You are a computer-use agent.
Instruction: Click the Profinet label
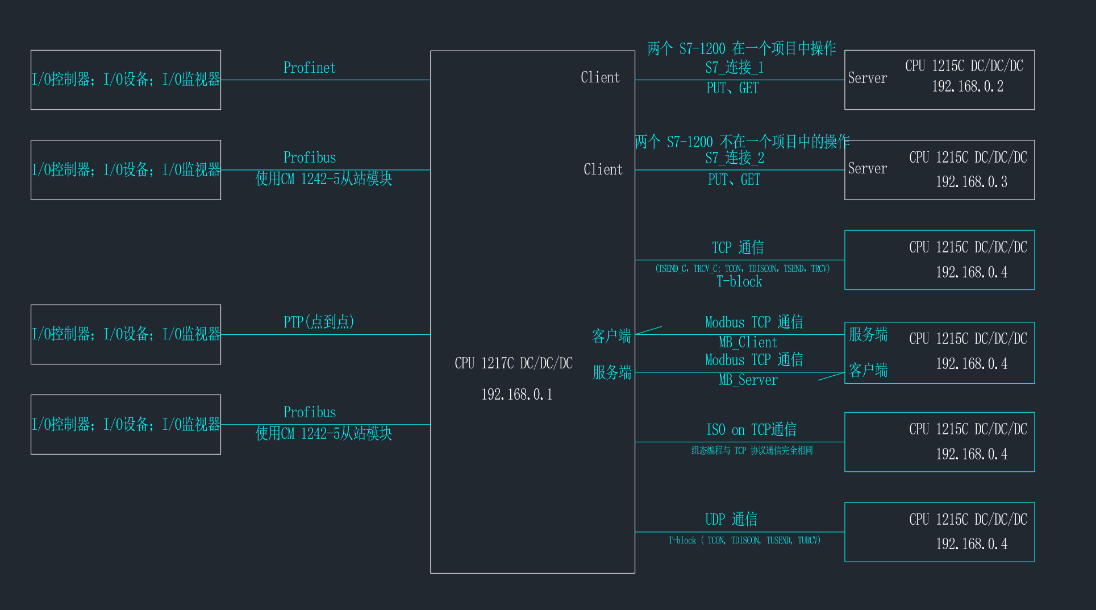click(x=310, y=68)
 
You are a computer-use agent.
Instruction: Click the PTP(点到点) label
click(x=319, y=322)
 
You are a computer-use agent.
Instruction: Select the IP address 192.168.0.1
click(x=516, y=394)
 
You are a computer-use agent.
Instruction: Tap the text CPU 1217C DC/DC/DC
click(x=514, y=363)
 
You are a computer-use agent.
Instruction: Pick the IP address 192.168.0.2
click(x=967, y=86)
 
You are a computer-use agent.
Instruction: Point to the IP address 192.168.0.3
click(x=971, y=182)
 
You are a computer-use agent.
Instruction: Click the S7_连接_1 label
click(x=734, y=68)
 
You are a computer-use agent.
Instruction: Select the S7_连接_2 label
click(x=734, y=157)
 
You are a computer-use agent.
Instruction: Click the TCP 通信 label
click(x=737, y=247)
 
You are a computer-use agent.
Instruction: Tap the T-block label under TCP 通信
click(x=739, y=281)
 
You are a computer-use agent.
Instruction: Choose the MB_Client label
click(x=748, y=342)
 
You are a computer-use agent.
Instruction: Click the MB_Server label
click(x=748, y=380)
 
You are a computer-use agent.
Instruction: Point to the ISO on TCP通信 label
click(x=751, y=429)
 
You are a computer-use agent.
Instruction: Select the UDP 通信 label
click(x=731, y=519)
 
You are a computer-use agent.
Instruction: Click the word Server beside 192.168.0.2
click(x=867, y=78)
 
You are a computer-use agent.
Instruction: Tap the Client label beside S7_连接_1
click(x=600, y=77)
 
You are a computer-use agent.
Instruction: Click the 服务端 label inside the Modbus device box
click(x=868, y=334)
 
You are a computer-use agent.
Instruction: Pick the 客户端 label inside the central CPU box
click(x=611, y=336)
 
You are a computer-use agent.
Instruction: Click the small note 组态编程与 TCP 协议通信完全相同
click(x=752, y=450)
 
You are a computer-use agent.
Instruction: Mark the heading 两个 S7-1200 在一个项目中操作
click(x=741, y=48)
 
